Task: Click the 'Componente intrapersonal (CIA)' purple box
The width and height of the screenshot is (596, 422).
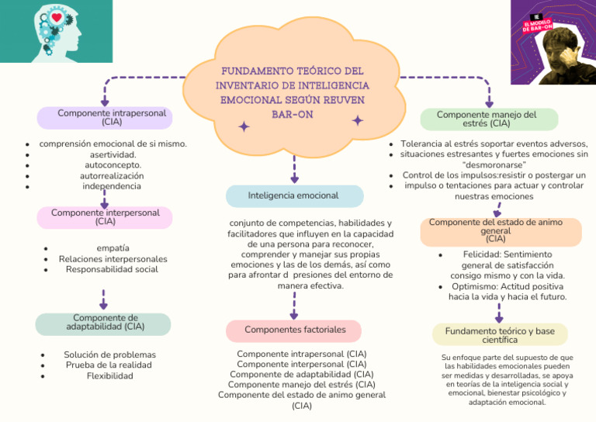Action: tap(105, 118)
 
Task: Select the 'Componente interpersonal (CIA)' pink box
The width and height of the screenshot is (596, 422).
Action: tap(105, 217)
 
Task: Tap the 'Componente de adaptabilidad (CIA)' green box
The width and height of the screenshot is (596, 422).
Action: tap(103, 323)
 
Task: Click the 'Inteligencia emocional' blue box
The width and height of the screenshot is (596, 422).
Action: tap(294, 195)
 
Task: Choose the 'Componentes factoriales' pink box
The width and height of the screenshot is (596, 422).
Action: tap(294, 330)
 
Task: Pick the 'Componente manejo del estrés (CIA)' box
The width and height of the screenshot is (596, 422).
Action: tap(489, 119)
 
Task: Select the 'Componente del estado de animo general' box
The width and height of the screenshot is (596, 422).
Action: tap(501, 231)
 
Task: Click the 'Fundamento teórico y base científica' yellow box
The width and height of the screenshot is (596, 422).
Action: tap(500, 335)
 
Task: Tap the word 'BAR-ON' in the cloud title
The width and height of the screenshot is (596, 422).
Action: tap(293, 114)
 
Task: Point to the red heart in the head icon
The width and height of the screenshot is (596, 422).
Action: tap(46, 19)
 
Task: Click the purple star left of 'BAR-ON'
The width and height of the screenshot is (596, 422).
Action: tap(244, 126)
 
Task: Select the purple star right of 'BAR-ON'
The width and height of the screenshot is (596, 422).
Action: tap(358, 120)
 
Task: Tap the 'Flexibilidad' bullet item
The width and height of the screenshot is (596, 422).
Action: tap(110, 376)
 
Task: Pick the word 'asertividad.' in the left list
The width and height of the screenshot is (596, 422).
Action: tap(113, 154)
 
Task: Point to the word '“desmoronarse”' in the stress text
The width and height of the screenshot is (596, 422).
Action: tap(494, 165)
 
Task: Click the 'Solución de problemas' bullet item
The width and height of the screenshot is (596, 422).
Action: tap(110, 355)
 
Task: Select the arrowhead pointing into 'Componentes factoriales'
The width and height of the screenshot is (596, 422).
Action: tap(293, 315)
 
